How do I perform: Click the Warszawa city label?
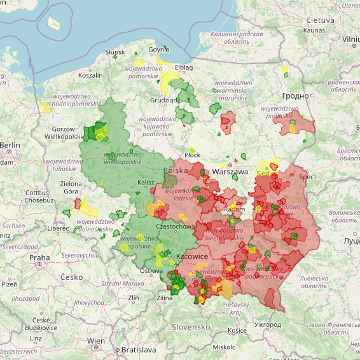tap(230, 172)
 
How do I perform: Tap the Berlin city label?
tap(10, 145)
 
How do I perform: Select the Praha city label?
tap(39, 258)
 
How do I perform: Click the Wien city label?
tap(96, 341)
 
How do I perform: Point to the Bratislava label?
tap(138, 350)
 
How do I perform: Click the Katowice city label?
tap(191, 256)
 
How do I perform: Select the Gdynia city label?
tap(158, 50)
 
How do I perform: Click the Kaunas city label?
tap(314, 30)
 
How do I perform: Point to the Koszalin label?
tap(90, 75)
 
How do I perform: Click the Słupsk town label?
tap(115, 52)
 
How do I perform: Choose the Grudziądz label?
tap(165, 100)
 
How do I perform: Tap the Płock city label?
tap(192, 155)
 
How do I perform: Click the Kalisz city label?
tap(146, 183)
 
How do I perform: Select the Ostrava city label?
tap(151, 271)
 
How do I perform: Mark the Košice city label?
tap(237, 330)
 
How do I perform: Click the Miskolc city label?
tap(224, 347)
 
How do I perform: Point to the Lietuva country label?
tap(320, 20)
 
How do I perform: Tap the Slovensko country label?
tap(191, 326)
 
